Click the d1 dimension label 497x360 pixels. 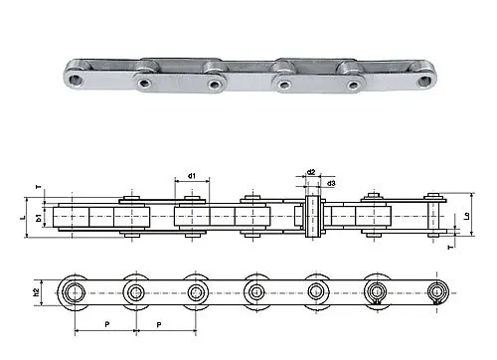pyautogui.click(x=192, y=176)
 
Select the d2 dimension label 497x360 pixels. pyautogui.click(x=311, y=172)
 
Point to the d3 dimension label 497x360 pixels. pyautogui.click(x=331, y=183)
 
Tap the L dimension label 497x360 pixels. pyautogui.click(x=23, y=218)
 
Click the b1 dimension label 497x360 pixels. pyautogui.click(x=39, y=218)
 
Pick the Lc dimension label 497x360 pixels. pyautogui.click(x=467, y=216)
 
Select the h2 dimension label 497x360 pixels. pyautogui.click(x=37, y=292)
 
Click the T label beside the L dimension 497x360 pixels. pyautogui.click(x=39, y=187)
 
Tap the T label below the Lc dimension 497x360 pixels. pyautogui.click(x=449, y=248)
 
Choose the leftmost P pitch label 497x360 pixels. pyautogui.click(x=107, y=324)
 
